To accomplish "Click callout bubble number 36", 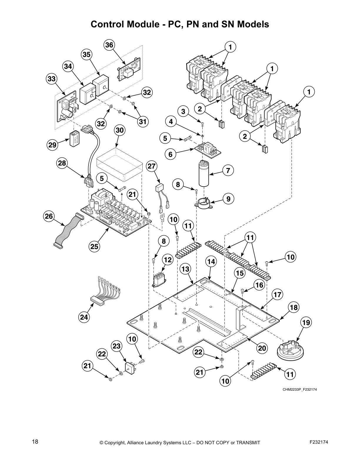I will pos(109,45).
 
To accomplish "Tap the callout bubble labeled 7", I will pos(228,170).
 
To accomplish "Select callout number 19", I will pos(306,323).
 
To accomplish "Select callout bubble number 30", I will pos(120,130).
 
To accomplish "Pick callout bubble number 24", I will pos(84,317).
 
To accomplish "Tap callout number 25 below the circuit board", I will pos(94,247).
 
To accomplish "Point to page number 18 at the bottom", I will pos(35,442).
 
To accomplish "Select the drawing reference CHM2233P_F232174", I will pos(300,390).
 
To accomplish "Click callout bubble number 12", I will pos(168,260).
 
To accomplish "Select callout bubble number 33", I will pos(51,79).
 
